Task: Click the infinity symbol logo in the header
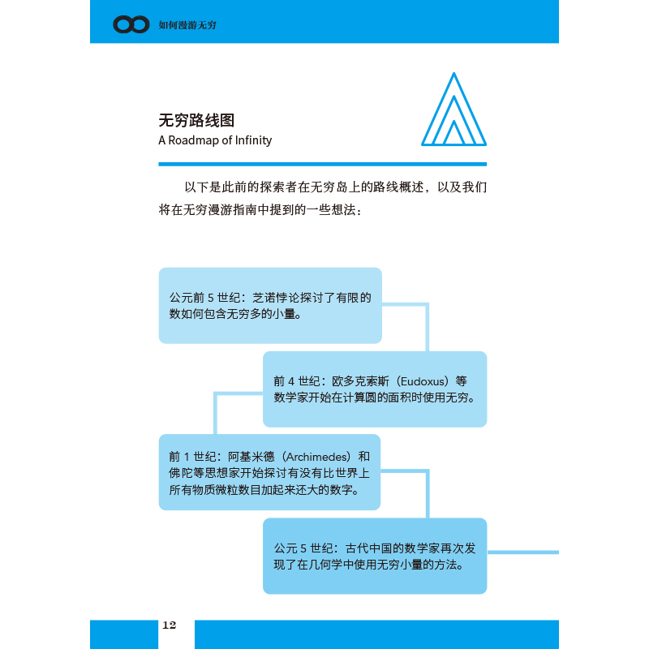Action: (x=131, y=25)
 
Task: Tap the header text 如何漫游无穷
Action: (x=187, y=25)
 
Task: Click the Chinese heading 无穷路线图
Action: (x=196, y=120)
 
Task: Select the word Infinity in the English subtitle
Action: (x=252, y=140)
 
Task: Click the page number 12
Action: (x=169, y=625)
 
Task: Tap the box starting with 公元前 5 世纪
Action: (x=269, y=305)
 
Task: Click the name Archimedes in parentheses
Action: (x=312, y=457)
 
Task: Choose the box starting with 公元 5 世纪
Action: (x=374, y=555)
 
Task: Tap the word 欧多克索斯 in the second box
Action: (x=358, y=380)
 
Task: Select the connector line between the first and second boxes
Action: (x=425, y=324)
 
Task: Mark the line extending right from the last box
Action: (x=523, y=552)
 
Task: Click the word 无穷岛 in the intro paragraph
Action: (x=332, y=187)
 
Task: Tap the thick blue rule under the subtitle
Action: (x=322, y=164)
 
